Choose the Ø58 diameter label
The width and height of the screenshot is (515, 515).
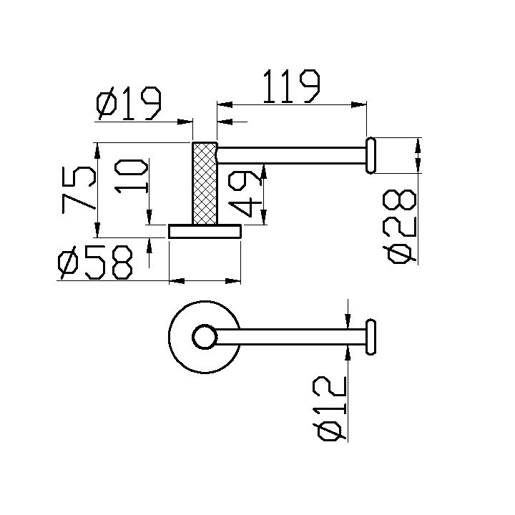[96, 263]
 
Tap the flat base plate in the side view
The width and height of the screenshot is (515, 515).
[205, 231]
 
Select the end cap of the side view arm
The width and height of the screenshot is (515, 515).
[371, 156]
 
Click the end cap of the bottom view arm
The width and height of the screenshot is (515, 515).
[371, 338]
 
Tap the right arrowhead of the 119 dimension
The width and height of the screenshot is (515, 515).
[361, 107]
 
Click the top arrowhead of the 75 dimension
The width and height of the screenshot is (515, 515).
[97, 149]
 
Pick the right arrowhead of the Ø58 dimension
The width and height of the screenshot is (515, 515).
[235, 281]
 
